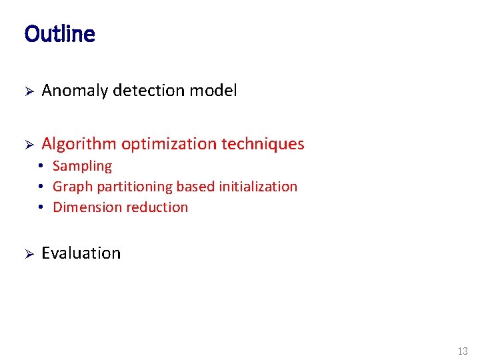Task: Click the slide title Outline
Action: point(59,33)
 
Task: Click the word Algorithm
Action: point(79,144)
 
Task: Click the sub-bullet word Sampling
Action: point(82,167)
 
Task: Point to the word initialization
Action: point(257,187)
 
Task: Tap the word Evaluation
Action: point(81,253)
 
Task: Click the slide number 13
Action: point(463,351)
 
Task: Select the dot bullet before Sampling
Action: point(41,167)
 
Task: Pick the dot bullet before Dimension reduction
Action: point(41,207)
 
